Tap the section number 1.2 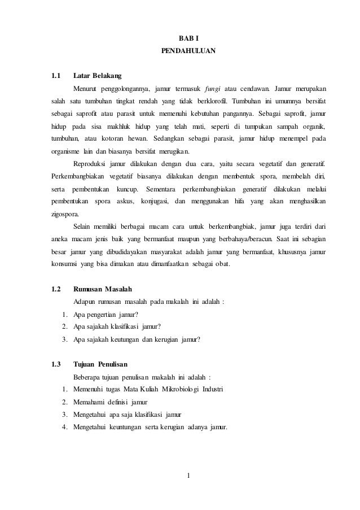coord(56,289)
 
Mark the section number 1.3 coord(56,364)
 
